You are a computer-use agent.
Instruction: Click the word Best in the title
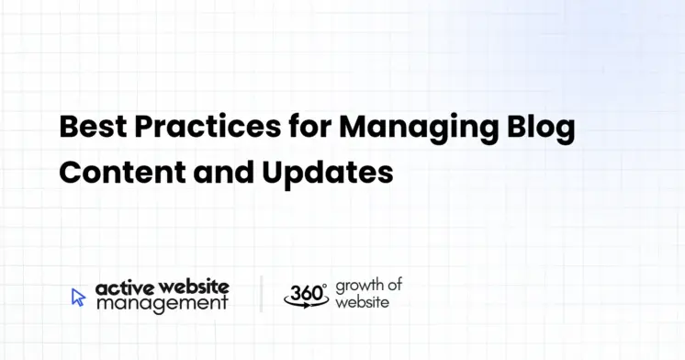coord(89,129)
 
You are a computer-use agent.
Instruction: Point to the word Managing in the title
coord(410,130)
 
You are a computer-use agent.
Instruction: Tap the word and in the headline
coord(223,173)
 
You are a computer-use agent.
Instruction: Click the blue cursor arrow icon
coord(78,297)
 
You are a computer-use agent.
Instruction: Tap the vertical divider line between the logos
coord(261,295)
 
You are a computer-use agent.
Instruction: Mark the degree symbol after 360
coord(325,285)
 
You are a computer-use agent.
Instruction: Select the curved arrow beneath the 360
coord(306,302)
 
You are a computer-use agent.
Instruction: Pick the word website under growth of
coord(361,302)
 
